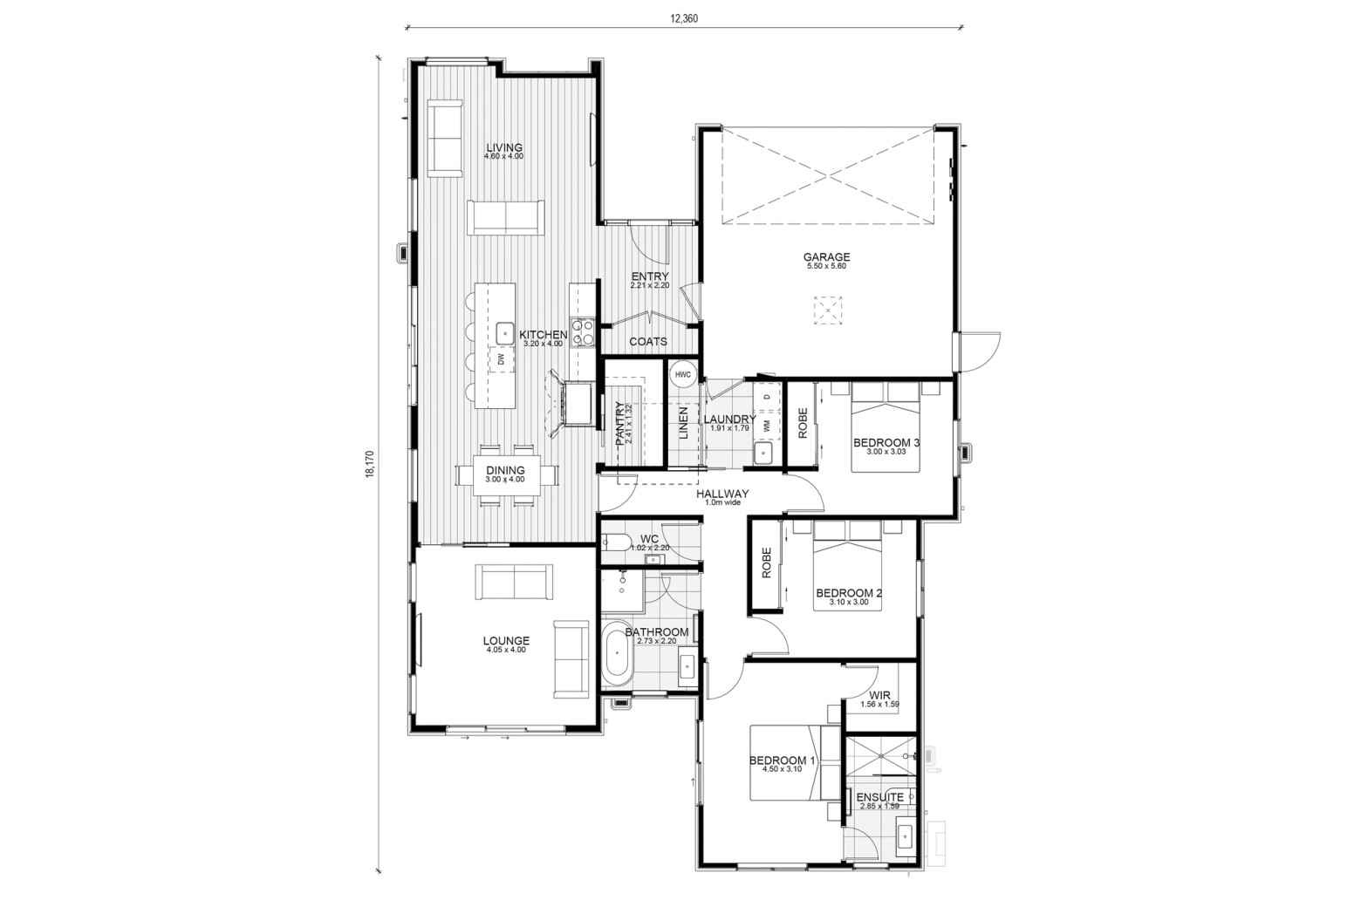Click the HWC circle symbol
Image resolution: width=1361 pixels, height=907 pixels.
(x=683, y=374)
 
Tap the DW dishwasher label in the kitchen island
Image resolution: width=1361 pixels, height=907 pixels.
(x=501, y=359)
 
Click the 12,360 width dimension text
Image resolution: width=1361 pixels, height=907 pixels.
(x=684, y=18)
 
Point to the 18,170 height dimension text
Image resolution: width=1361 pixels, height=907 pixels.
(x=370, y=464)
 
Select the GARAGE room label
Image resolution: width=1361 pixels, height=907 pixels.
(x=826, y=257)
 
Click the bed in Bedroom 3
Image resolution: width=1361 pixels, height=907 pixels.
(x=886, y=427)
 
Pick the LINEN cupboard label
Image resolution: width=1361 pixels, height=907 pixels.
(x=683, y=423)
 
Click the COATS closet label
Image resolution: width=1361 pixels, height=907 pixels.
(x=647, y=342)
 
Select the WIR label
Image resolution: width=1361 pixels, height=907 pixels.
(x=879, y=696)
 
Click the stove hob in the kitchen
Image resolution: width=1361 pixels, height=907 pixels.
(x=583, y=333)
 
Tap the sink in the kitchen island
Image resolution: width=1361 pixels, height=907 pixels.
(x=505, y=333)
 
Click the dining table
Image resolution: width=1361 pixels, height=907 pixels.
(x=507, y=475)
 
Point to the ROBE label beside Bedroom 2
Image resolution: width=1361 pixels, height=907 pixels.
(x=766, y=563)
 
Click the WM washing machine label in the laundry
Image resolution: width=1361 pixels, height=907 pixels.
(x=767, y=426)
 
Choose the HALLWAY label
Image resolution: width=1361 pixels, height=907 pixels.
(x=722, y=494)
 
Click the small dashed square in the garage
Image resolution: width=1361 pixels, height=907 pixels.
(x=828, y=310)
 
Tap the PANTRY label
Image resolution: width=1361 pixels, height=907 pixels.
(x=619, y=424)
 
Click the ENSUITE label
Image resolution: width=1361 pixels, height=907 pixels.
(x=879, y=797)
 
